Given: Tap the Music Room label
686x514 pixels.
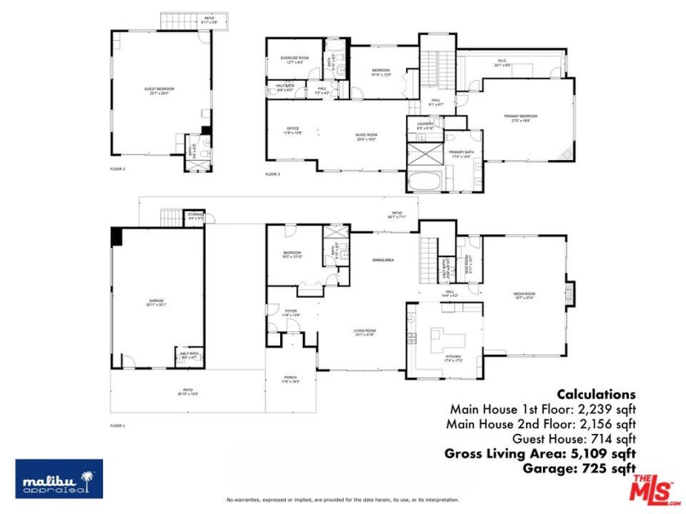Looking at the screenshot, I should click(x=365, y=136).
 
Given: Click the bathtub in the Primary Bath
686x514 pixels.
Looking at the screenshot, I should click(x=425, y=180).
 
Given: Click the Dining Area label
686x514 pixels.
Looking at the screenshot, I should click(x=383, y=259).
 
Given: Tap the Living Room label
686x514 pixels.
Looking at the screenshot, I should click(x=363, y=331).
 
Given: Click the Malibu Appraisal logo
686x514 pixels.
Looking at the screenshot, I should click(x=59, y=478).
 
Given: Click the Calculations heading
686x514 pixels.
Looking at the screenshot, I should click(x=596, y=394).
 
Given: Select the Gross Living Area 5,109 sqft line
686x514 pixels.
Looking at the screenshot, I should click(x=540, y=453).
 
